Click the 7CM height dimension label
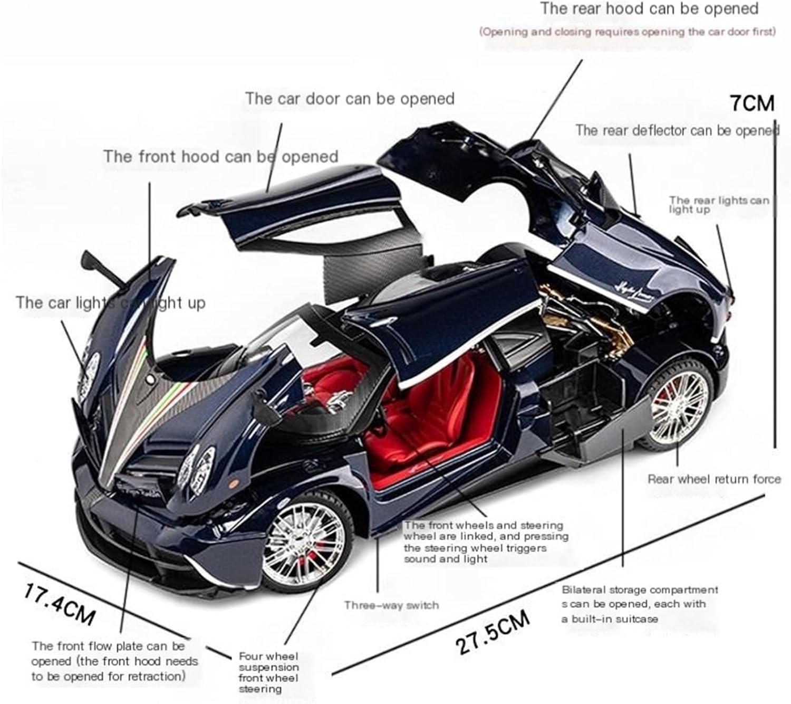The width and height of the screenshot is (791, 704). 752,103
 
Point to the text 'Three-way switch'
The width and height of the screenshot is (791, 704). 391,605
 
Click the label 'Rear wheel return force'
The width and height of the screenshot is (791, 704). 714,479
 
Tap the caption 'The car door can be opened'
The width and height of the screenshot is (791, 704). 349,99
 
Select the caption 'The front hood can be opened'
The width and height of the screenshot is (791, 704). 220,157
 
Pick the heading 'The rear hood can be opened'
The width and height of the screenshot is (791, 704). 649,9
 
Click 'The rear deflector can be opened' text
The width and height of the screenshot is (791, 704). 677,130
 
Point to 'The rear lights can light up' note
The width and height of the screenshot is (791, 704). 718,204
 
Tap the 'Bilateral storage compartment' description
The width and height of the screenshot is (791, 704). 639,604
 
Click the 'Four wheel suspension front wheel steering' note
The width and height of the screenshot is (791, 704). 268,672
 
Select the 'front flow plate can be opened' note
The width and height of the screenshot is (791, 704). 114,661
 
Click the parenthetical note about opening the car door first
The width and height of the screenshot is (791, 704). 627,32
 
